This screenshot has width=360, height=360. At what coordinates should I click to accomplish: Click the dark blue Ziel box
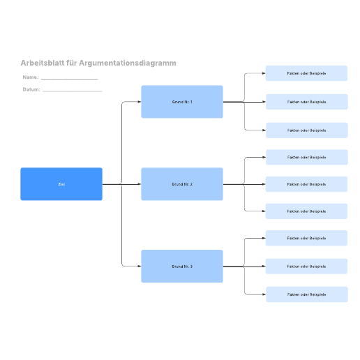61,184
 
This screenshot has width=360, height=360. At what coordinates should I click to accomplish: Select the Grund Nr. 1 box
182,102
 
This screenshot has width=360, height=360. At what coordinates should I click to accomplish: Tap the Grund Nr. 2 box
182,184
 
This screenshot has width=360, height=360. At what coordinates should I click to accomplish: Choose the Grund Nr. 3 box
182,267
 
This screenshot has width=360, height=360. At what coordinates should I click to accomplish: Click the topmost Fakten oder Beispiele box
306,73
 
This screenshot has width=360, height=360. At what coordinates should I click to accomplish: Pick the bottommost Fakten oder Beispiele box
307,294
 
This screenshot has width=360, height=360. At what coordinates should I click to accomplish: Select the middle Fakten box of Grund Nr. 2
306,184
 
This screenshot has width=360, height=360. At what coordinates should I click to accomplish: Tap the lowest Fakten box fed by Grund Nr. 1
307,130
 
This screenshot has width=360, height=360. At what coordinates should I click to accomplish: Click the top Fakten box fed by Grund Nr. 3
306,238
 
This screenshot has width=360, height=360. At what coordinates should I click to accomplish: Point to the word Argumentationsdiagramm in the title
128,63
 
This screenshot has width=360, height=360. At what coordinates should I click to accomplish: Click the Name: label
31,77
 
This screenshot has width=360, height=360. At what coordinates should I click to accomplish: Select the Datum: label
31,89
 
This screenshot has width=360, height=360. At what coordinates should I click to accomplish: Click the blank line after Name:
70,79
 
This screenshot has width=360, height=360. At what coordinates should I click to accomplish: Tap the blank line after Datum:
73,91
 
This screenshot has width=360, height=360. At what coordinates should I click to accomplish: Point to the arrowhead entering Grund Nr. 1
140,102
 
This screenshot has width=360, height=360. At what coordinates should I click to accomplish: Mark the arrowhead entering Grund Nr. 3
140,267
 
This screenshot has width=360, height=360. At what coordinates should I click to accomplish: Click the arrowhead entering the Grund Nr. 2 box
140,184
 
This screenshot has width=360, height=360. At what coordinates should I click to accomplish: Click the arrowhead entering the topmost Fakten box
264,73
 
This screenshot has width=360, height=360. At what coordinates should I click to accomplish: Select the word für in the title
71,63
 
